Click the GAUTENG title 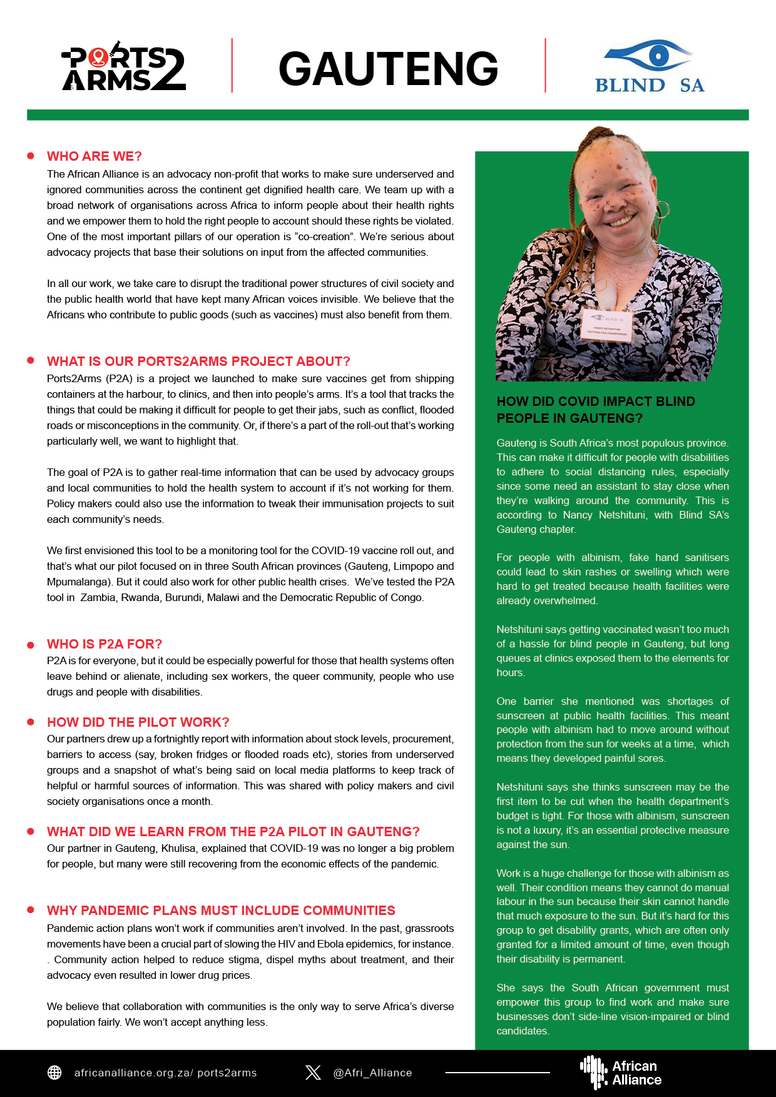388,69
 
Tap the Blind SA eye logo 649,56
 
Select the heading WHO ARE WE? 94,156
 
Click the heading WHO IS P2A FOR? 105,644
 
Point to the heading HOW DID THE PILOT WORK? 138,722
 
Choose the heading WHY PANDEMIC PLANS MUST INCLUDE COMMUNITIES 221,911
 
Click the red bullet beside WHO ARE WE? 31,156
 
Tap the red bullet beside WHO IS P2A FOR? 31,644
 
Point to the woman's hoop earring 661,210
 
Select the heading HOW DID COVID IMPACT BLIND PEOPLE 596,410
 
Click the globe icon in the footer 54,1073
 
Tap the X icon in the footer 313,1073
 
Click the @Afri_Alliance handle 372,1073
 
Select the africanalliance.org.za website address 165,1073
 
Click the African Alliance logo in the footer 621,1073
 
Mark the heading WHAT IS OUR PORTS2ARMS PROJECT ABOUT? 198,361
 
